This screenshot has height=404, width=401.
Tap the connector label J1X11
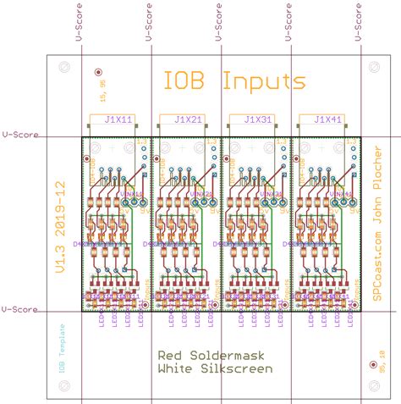tap(117, 120)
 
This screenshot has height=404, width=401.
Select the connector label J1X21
tap(186, 120)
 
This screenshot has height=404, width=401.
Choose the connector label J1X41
tap(326, 120)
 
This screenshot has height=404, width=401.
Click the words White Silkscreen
tap(215, 369)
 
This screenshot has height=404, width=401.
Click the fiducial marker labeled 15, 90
tap(99, 74)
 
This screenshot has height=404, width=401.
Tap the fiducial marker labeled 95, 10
tap(373, 365)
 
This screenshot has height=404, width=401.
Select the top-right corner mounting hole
tap(373, 66)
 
